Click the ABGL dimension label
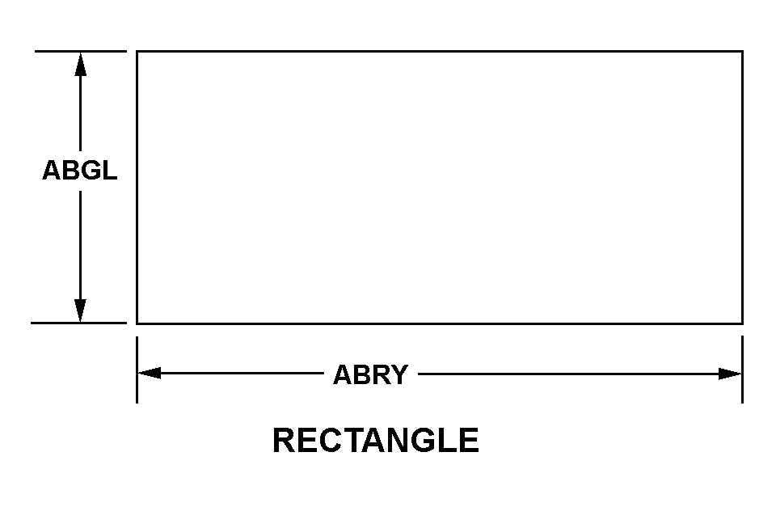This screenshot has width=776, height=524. pyautogui.click(x=79, y=171)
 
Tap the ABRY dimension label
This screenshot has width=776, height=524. pyautogui.click(x=370, y=374)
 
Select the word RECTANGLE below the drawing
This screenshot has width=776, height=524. pyautogui.click(x=375, y=441)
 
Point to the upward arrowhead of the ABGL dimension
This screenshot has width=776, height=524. pyautogui.click(x=80, y=65)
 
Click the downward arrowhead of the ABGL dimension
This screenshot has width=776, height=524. pyautogui.click(x=80, y=310)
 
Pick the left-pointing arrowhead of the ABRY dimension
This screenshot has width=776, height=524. pyautogui.click(x=150, y=373)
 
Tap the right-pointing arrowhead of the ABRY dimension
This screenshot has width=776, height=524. pyautogui.click(x=730, y=374)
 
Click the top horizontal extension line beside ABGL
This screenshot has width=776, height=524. pyautogui.click(x=80, y=51)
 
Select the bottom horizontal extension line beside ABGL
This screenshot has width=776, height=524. pyautogui.click(x=78, y=323)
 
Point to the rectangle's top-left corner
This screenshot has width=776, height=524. pyautogui.click(x=137, y=51)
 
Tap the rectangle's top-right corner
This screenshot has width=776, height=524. pyautogui.click(x=742, y=51)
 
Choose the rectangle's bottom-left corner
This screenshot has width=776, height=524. pyautogui.click(x=137, y=323)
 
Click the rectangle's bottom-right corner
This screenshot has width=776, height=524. pyautogui.click(x=742, y=323)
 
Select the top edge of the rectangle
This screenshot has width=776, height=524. pyautogui.click(x=439, y=51)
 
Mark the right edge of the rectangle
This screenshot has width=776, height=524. pyautogui.click(x=742, y=187)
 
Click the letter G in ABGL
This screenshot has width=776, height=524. pyautogui.click(x=91, y=171)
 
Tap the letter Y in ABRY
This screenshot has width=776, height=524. pyautogui.click(x=399, y=374)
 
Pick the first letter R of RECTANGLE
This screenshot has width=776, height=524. pyautogui.click(x=283, y=441)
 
